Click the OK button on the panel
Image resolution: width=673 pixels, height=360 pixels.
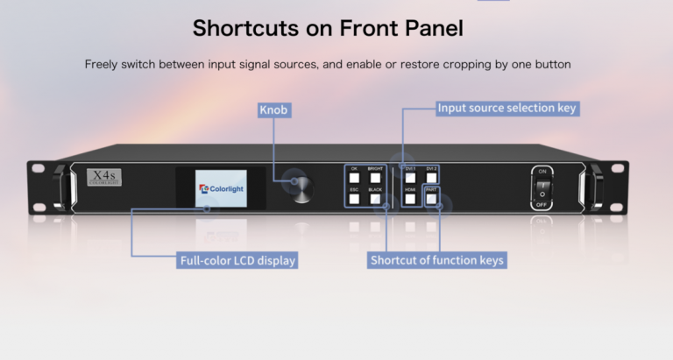[355, 178]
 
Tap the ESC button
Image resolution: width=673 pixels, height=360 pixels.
[355, 199]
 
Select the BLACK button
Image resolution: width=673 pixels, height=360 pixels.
[375, 199]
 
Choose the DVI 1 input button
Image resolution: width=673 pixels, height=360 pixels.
[410, 178]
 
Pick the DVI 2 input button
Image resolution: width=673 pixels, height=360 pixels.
[431, 178]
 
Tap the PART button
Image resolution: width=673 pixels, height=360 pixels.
[431, 199]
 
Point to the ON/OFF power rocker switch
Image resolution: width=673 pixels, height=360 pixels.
[542, 187]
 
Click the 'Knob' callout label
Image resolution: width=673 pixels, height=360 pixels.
[274, 110]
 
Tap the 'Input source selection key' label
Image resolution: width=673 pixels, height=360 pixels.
[507, 109]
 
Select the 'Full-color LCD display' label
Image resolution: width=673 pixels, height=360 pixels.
[237, 260]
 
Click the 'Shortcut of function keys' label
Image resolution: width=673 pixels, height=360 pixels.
[437, 260]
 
